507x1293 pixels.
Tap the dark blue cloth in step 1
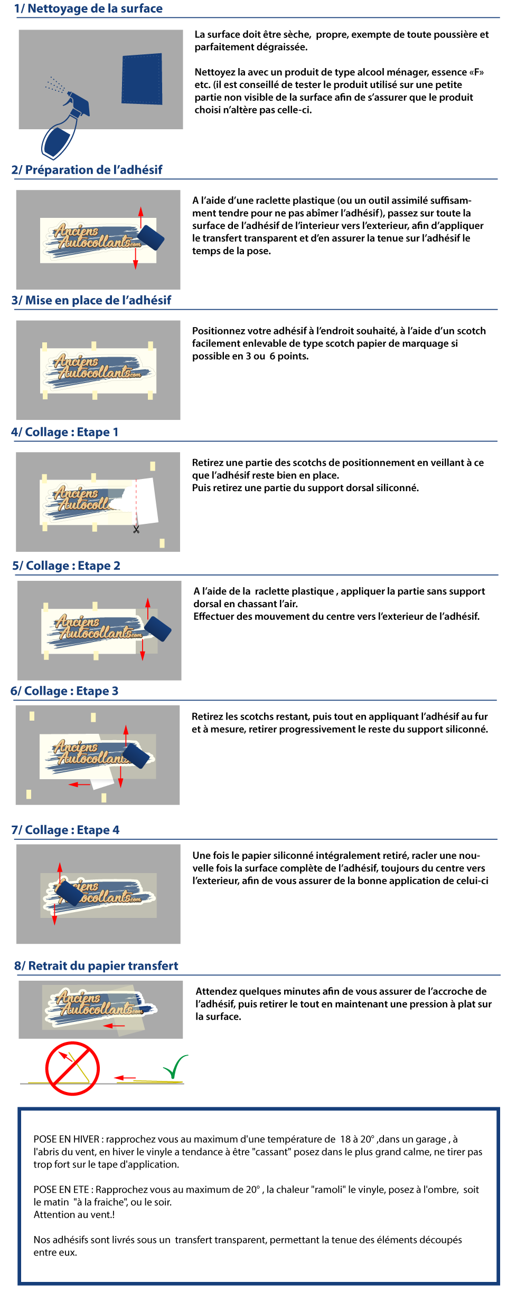point(142,79)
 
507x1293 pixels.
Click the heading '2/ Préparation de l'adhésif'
point(87,170)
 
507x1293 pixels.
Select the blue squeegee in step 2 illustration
point(151,238)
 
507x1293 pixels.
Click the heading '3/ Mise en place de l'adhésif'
point(91,300)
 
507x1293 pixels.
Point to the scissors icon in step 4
point(136,529)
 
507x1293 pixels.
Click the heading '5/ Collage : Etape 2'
point(66,566)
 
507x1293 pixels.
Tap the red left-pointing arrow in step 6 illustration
point(80,784)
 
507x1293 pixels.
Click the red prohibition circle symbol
point(72,1068)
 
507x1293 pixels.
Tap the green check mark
point(175,1066)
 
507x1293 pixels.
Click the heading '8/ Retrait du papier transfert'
point(96,966)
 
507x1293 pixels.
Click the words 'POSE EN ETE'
point(61,1190)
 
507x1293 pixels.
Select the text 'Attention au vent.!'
point(74,1214)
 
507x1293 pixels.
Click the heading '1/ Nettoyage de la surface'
point(88,8)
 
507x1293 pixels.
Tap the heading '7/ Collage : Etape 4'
point(65,830)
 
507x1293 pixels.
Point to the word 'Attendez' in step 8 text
point(216,991)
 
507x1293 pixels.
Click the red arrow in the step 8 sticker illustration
point(114,1026)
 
